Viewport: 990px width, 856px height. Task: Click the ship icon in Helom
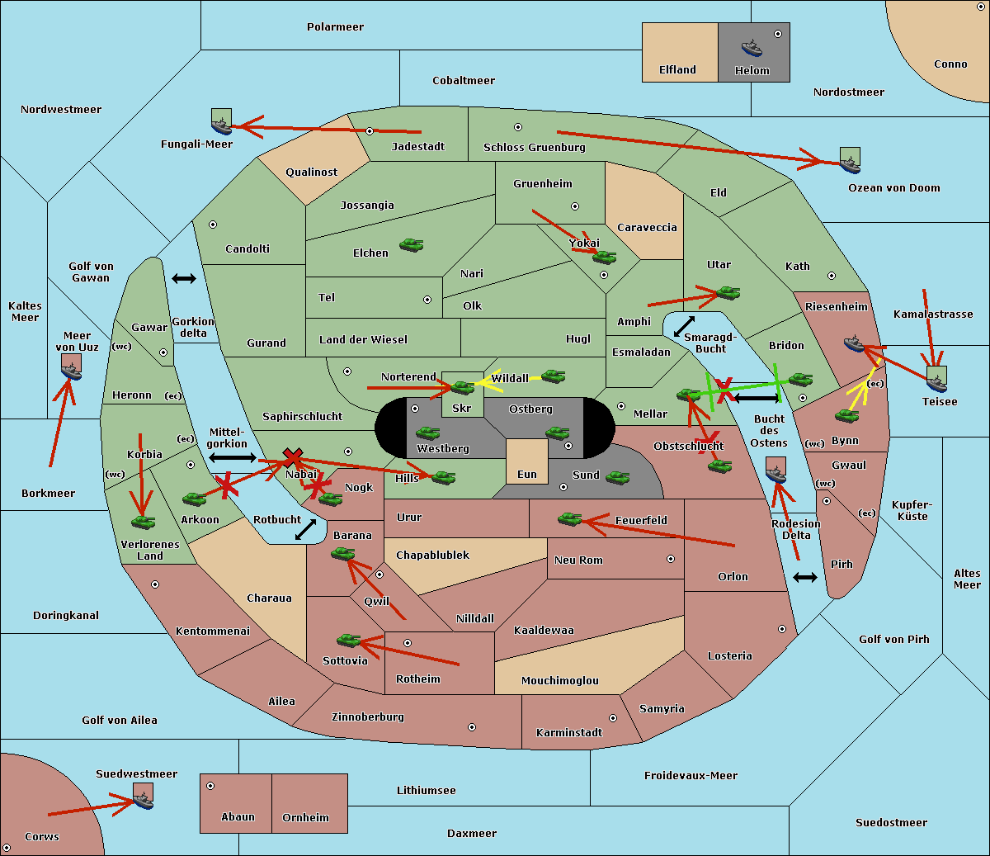(x=752, y=47)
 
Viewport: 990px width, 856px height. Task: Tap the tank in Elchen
(x=411, y=245)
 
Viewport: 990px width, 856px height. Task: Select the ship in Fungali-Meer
(x=221, y=125)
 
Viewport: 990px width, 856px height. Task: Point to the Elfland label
(x=677, y=70)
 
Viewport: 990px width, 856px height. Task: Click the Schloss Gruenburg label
(x=534, y=148)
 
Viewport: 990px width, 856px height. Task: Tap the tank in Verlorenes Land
(x=143, y=522)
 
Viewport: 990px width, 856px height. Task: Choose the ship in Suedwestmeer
(x=143, y=799)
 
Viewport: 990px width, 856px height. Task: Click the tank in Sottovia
(x=349, y=640)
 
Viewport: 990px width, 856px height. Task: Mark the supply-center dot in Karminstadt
(x=613, y=718)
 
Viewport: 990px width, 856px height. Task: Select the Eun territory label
(x=527, y=475)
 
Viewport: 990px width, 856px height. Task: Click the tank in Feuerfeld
(x=569, y=519)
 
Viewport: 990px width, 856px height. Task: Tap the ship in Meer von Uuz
(x=72, y=371)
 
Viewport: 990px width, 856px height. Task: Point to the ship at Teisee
(x=936, y=380)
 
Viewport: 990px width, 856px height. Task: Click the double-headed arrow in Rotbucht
(x=305, y=530)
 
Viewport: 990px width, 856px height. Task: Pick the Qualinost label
(x=312, y=173)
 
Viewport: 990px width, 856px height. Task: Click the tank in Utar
(x=728, y=293)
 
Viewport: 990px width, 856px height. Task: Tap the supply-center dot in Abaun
(x=210, y=786)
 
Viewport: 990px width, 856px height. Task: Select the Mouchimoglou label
(x=560, y=681)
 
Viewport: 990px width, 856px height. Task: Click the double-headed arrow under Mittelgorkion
(x=233, y=457)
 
